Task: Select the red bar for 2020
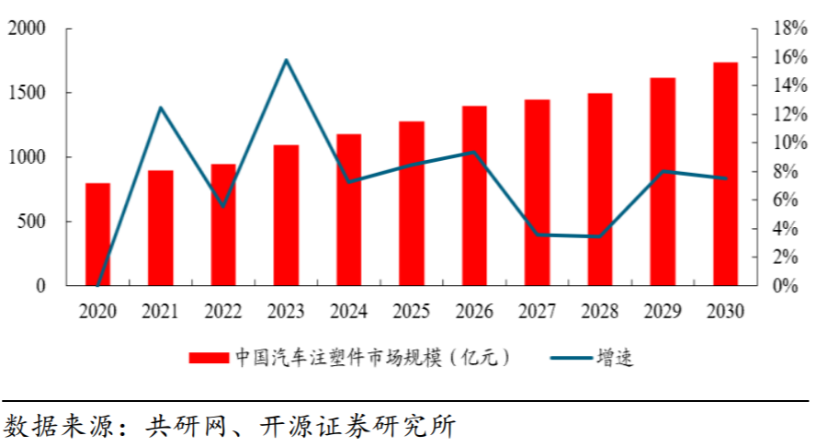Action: tap(97, 234)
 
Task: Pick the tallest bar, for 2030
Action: tap(725, 174)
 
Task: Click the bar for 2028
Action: tap(600, 189)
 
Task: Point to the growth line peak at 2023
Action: tap(286, 61)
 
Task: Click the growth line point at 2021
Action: tap(161, 109)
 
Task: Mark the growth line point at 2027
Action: tap(537, 235)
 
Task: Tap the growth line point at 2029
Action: tap(663, 172)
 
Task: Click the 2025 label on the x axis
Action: tap(411, 312)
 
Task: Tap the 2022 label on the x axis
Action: tap(223, 312)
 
